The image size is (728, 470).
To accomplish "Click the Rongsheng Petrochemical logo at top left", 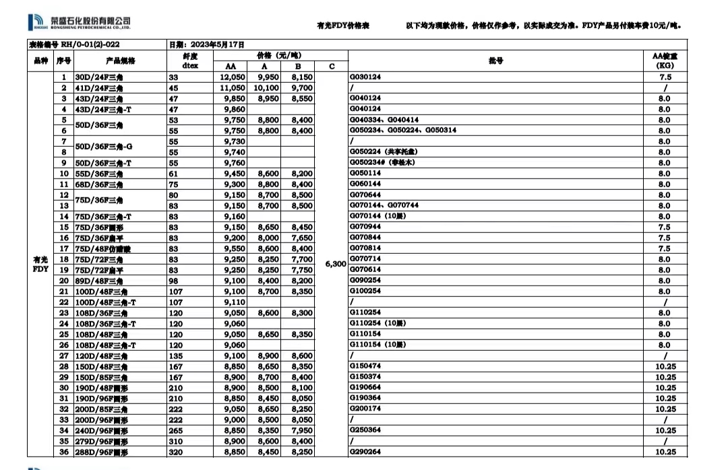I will (x=80, y=23).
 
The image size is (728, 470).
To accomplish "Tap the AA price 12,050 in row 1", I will (x=231, y=77).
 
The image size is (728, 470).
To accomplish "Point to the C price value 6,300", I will (x=336, y=264).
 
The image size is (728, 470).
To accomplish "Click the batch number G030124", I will (x=365, y=77).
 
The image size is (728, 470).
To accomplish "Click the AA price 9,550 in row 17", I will (x=231, y=248).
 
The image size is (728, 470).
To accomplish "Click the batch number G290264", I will (x=365, y=452).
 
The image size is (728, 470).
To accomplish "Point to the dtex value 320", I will (x=176, y=452).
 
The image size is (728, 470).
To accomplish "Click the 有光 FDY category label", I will (x=40, y=264).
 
